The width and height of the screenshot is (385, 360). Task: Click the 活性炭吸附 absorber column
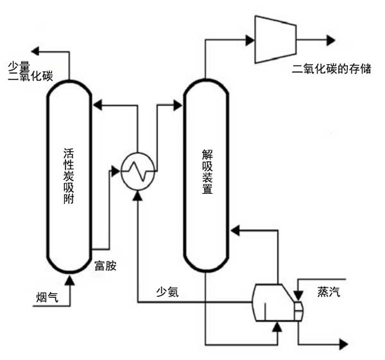[x=69, y=180]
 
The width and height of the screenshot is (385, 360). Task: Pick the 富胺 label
[x=105, y=265]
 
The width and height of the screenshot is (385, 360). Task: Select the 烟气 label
[x=47, y=296]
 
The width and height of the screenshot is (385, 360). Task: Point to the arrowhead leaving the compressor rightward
[x=330, y=40]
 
